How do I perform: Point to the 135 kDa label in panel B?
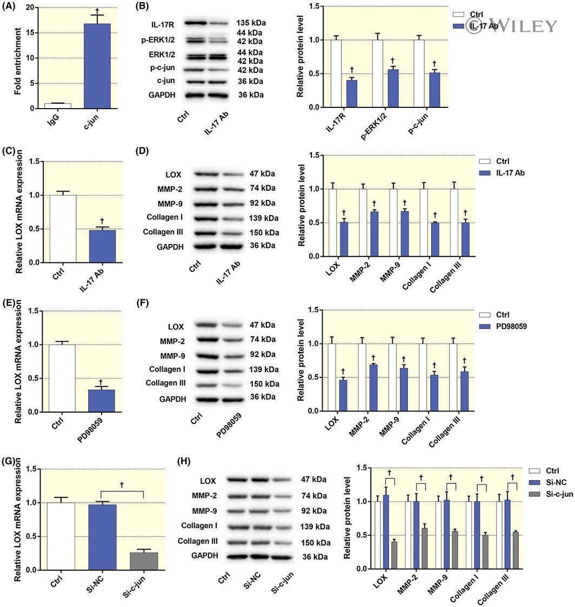coord(251,23)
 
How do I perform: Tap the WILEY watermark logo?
coord(511,25)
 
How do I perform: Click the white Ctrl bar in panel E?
coord(62,378)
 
